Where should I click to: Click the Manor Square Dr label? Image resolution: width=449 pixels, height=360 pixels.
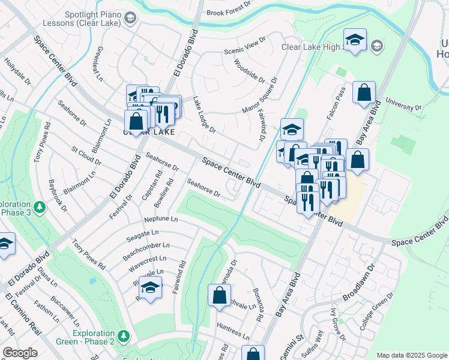coord(260,95)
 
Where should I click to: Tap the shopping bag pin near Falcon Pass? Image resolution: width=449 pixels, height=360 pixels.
coord(364,94)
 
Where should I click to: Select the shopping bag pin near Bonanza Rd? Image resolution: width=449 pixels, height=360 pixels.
coord(219,295)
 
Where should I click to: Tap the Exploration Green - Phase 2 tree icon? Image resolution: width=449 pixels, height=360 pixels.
coord(124,335)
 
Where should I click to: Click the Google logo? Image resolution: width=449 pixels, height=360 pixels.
coord(20,352)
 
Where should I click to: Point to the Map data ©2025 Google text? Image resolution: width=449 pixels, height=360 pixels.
coord(411,355)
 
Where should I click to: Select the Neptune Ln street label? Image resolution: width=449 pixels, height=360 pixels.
coord(161,219)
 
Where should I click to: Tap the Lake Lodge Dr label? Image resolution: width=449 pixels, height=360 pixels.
coord(204,114)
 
